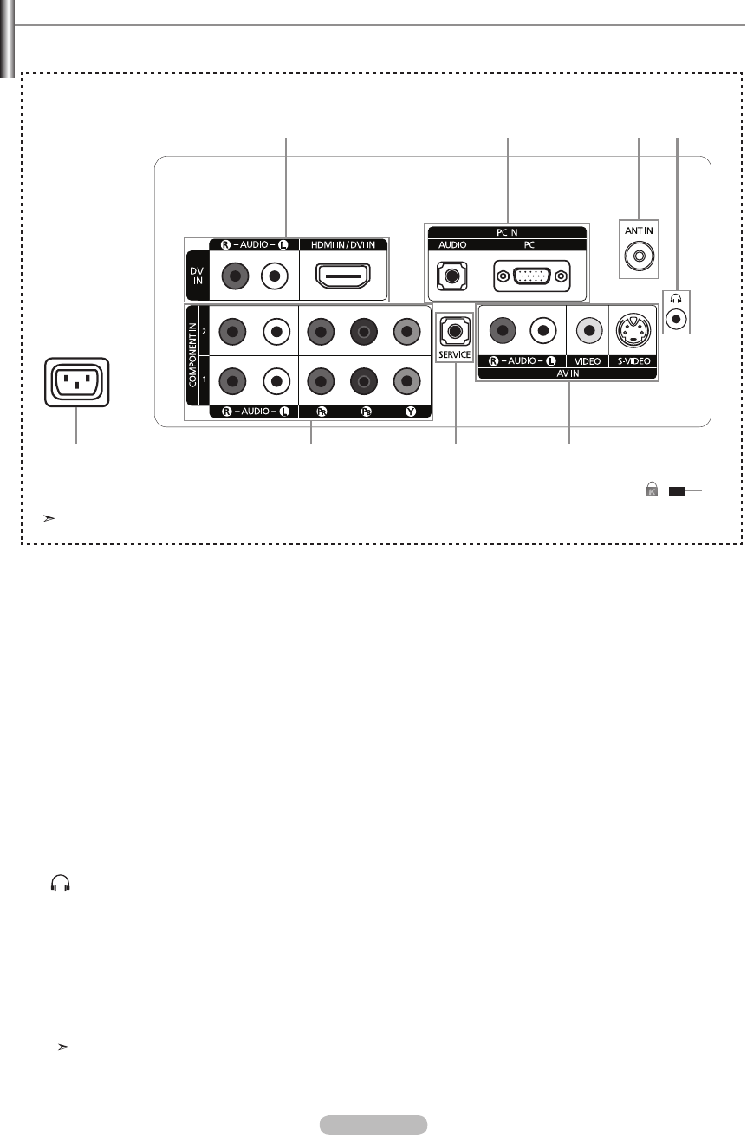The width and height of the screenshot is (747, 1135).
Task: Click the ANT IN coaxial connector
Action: [x=638, y=256]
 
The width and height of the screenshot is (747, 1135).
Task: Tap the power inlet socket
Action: [x=77, y=382]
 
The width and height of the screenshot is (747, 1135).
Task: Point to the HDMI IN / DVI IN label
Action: [x=344, y=245]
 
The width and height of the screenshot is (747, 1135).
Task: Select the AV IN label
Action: [x=567, y=373]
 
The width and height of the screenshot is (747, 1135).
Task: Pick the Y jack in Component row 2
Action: [x=404, y=331]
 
